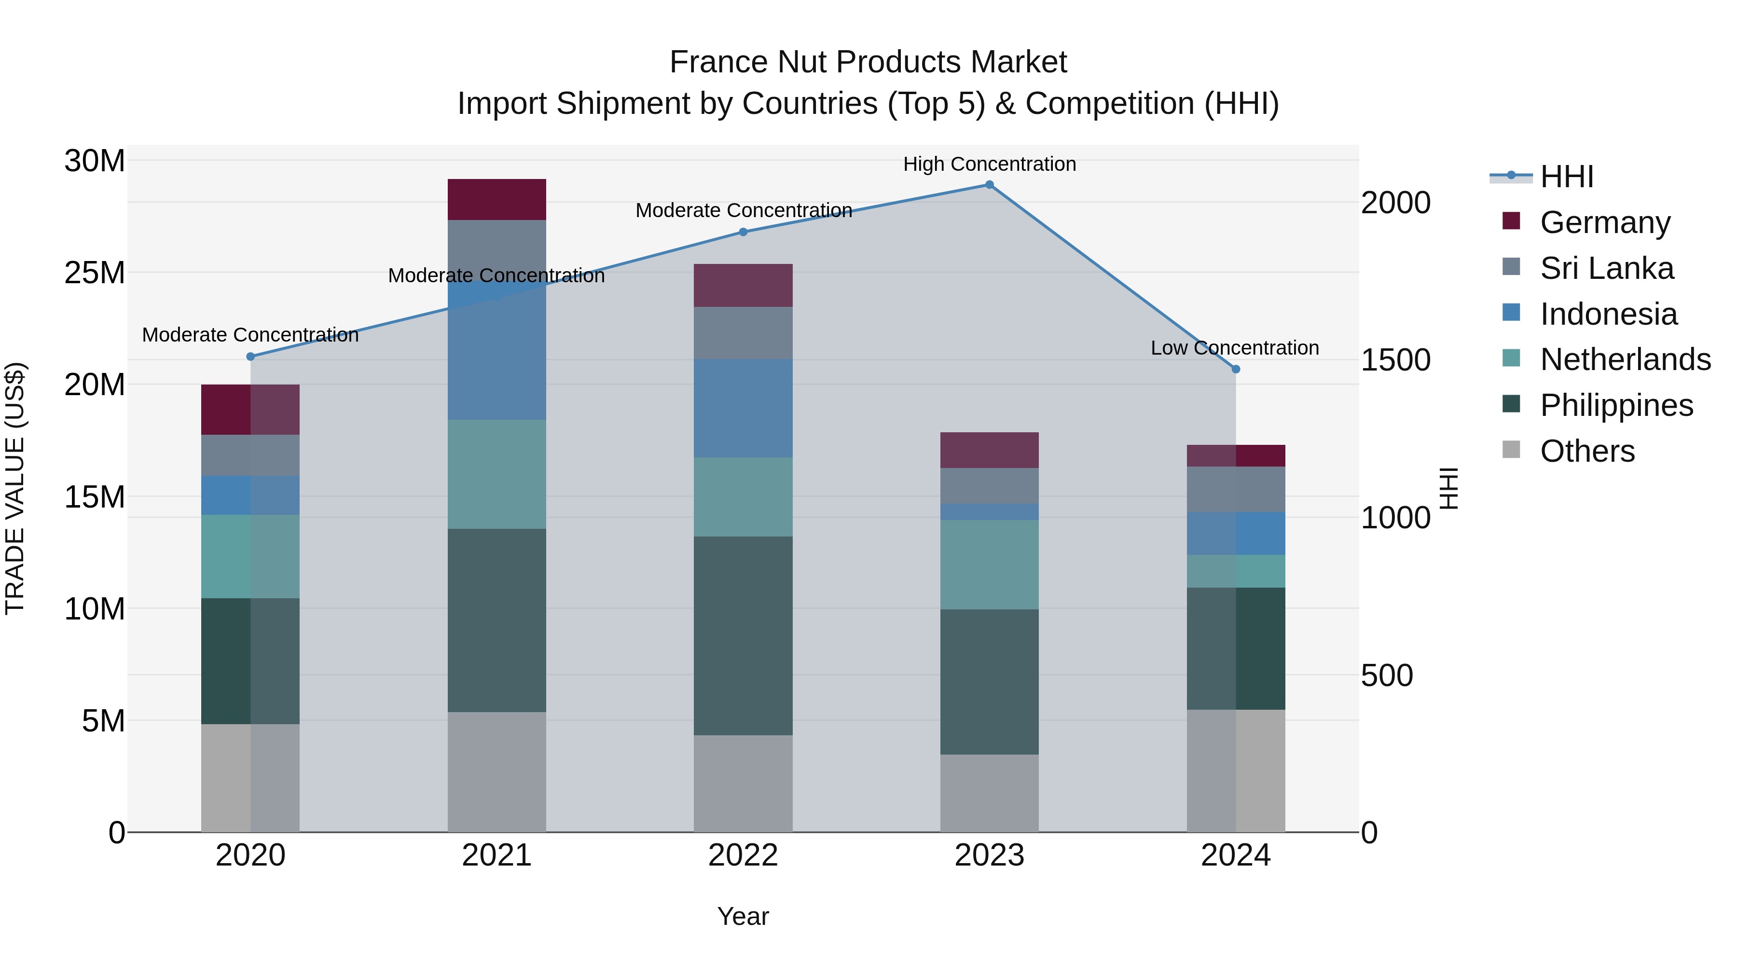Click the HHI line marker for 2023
point(989,185)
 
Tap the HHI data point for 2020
point(250,357)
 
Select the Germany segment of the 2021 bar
point(496,200)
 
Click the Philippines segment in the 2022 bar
point(743,636)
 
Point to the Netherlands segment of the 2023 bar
point(989,564)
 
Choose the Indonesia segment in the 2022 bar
point(743,409)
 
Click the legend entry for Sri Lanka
point(1606,268)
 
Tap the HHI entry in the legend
point(1566,177)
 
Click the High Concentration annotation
point(989,164)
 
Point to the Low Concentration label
point(1235,348)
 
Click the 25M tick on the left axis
point(95,273)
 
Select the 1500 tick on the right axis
point(1395,360)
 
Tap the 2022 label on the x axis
point(743,855)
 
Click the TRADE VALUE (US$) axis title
point(15,488)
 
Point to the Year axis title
point(743,916)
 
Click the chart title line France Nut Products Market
point(868,62)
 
